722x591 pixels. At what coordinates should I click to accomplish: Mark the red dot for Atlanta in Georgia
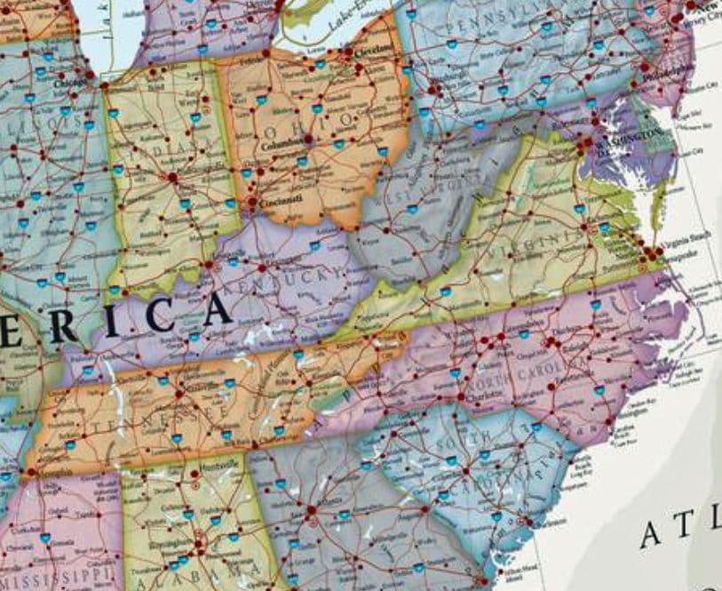[312, 512]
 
